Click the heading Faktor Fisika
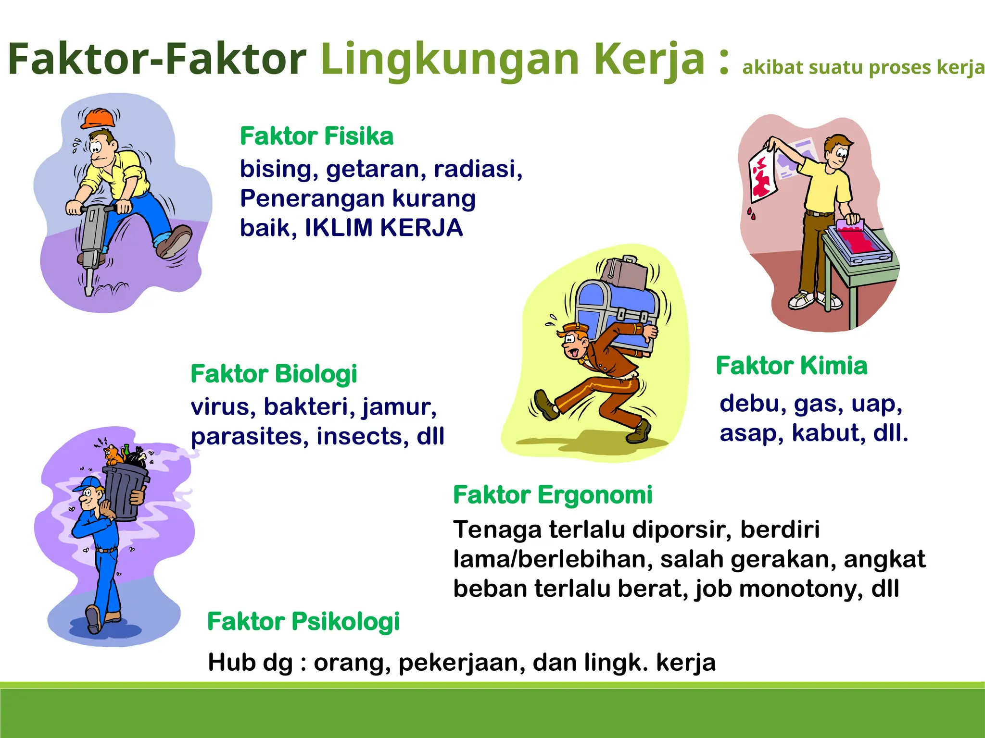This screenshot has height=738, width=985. (316, 136)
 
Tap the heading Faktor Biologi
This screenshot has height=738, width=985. (274, 374)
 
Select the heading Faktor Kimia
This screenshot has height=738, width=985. (792, 366)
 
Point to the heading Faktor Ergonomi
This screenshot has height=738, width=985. (553, 495)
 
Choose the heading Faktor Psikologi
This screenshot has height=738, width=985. (303, 621)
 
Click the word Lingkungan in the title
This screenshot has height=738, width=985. (449, 60)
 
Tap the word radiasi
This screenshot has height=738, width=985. (478, 169)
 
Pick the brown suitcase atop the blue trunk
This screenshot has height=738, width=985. (623, 272)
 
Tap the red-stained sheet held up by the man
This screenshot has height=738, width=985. (762, 174)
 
